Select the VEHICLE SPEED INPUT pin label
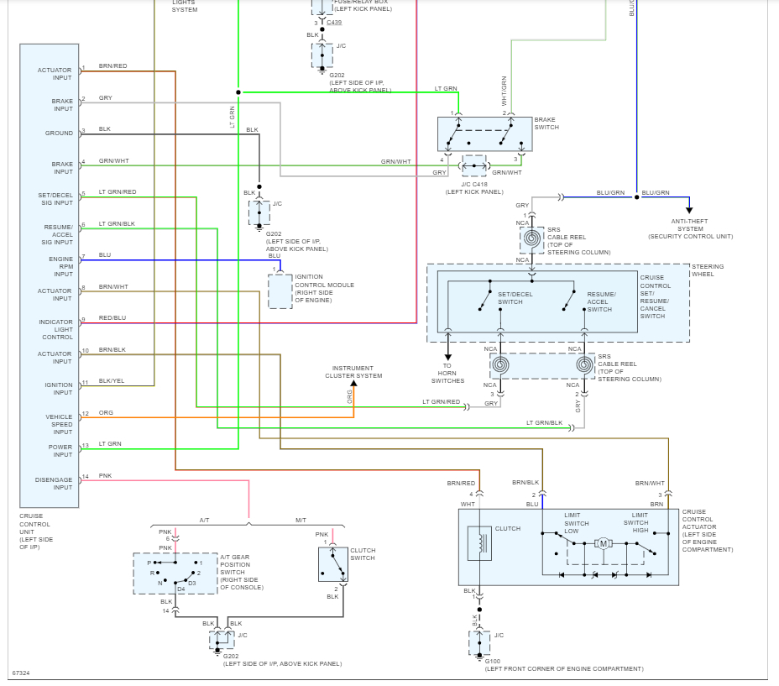[x=59, y=424]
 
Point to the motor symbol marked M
[x=603, y=545]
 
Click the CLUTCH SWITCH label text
[x=363, y=554]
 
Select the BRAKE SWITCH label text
[x=546, y=123]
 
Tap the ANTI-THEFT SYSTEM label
[x=690, y=228]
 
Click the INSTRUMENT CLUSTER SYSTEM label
[x=357, y=372]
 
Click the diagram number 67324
[x=20, y=673]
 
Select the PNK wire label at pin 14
[x=105, y=475]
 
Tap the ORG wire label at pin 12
[x=106, y=412]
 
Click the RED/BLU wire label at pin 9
[x=112, y=318]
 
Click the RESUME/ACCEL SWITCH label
[x=601, y=301]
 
